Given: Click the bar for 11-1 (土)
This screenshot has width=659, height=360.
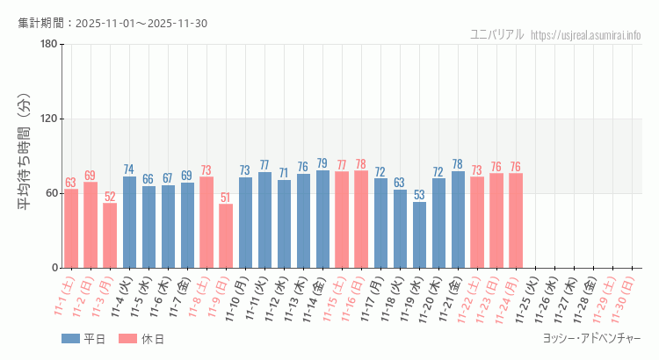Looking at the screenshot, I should coord(71,228).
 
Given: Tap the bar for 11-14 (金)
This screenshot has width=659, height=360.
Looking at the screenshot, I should coord(322,219).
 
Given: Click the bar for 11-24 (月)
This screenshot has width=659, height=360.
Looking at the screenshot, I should coord(516,220).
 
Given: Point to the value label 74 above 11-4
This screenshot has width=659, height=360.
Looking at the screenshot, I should coord(129,169).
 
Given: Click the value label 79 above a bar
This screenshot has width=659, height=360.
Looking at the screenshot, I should coord(322,163).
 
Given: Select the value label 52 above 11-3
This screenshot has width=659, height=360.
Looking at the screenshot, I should coord(110,197).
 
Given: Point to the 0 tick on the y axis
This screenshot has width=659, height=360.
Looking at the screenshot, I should coord(54,268).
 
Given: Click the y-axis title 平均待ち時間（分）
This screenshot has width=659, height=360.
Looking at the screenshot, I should coord(25,156).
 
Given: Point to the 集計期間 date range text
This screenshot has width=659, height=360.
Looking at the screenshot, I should coord(112,23).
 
